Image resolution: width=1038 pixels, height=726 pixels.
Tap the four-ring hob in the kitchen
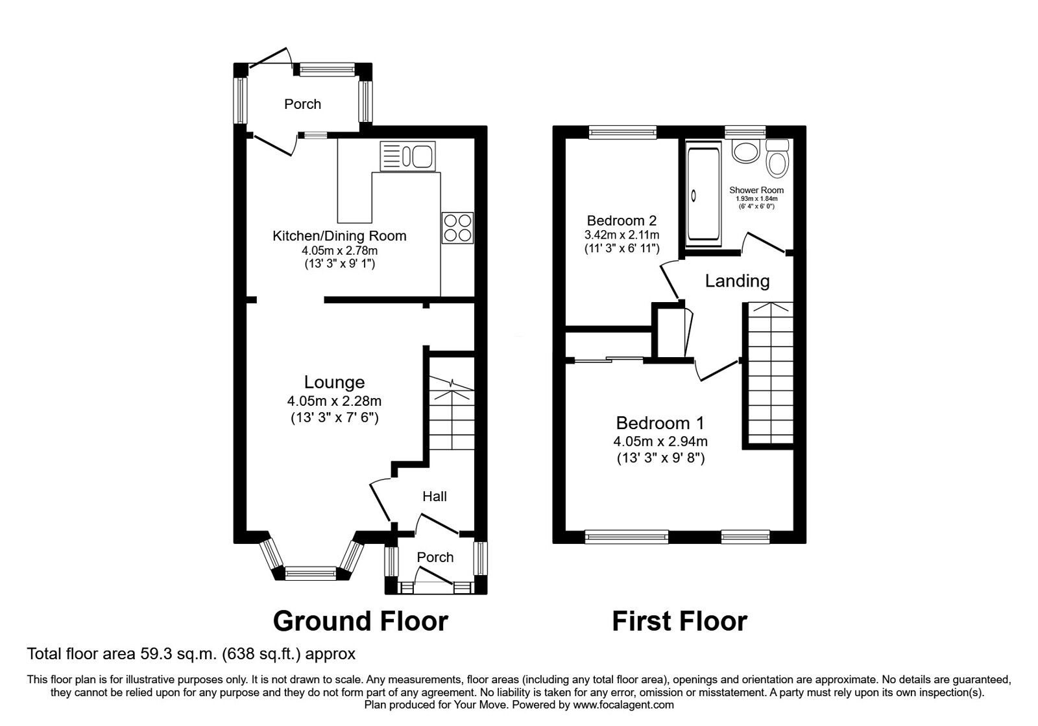[x=458, y=228]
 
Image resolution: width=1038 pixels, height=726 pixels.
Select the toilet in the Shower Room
[x=776, y=159]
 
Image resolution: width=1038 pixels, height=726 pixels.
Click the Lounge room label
[x=335, y=382]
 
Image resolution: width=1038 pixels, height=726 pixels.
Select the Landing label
[x=737, y=281]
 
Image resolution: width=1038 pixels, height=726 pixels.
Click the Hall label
[x=434, y=497]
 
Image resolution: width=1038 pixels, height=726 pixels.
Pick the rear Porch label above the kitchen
[x=302, y=104]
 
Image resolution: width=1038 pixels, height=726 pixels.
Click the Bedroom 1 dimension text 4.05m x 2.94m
[x=660, y=442]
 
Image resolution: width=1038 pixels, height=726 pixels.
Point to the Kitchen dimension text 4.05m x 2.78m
[x=339, y=250]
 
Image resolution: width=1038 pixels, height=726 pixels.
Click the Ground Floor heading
[x=360, y=620]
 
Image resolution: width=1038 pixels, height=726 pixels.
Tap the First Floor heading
[x=679, y=620]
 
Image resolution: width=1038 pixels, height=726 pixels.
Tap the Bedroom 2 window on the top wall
[x=622, y=132]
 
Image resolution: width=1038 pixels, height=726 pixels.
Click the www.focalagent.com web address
[x=623, y=704]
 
